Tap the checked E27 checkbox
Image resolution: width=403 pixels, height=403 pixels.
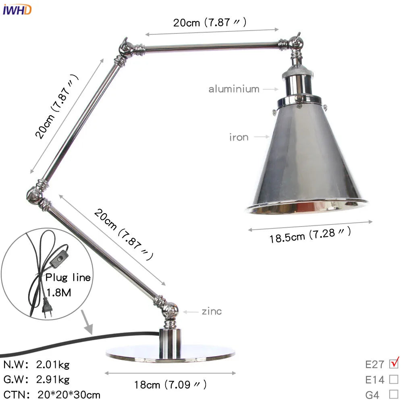pos(394,364)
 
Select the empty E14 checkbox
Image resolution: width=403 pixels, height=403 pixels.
pos(394,379)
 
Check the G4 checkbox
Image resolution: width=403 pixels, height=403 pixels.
pos(394,394)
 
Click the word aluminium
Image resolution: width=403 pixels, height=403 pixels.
pos(234,89)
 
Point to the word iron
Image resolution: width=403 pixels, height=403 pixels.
pos(239,137)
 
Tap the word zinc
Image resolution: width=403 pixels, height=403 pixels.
pos(212,312)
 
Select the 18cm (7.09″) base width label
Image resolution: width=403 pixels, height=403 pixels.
pos(170,384)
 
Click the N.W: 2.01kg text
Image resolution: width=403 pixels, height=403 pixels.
pos(37,365)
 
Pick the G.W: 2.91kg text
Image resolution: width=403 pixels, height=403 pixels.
pos(37,379)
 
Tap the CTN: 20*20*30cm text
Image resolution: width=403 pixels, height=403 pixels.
pos(52,394)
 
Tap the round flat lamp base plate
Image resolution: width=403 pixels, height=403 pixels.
pos(170,353)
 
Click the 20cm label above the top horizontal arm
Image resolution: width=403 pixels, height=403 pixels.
pos(210,22)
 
